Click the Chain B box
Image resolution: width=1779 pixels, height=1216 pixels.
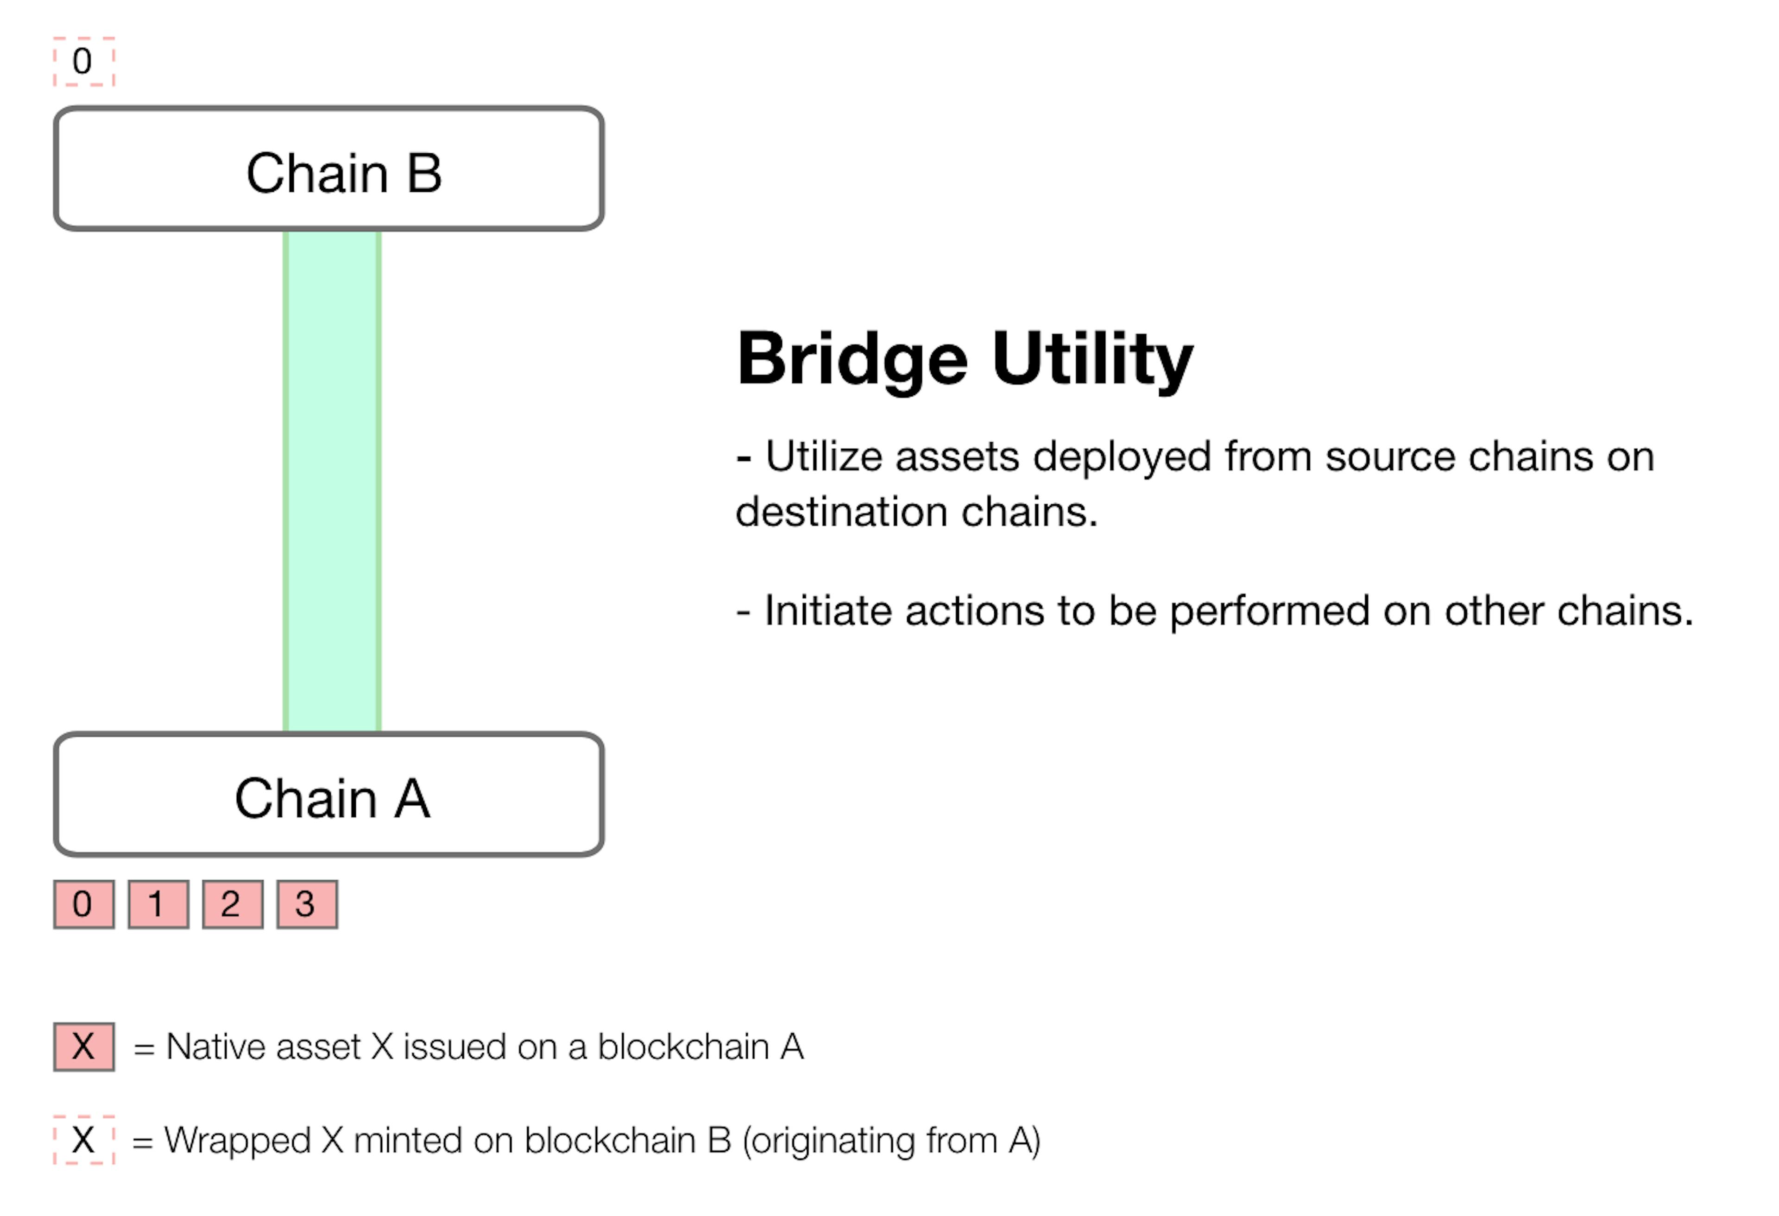[x=329, y=169]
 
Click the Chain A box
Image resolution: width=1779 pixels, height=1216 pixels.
[x=329, y=794]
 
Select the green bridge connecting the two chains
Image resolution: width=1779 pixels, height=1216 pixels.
[x=332, y=481]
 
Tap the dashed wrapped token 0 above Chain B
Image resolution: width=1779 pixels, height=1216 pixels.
[x=83, y=61]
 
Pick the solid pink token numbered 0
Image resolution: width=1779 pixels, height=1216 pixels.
[x=83, y=904]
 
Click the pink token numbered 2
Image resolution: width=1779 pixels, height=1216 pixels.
[x=233, y=904]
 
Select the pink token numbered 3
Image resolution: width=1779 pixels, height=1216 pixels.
[x=307, y=904]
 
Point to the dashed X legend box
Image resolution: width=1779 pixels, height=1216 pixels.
[x=83, y=1140]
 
